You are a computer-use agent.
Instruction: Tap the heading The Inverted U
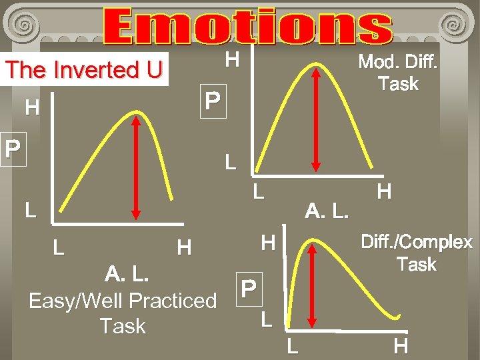coord(83,69)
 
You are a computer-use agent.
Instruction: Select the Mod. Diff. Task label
coord(397,73)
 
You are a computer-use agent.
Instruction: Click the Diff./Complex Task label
coord(416,253)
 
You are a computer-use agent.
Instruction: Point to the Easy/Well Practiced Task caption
coord(123,313)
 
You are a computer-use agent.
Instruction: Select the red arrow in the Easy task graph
coord(137,167)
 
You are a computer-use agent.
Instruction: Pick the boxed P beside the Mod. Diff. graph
coord(213,102)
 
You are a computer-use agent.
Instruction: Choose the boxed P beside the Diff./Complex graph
coord(248,288)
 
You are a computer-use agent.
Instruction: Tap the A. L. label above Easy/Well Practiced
coord(126,274)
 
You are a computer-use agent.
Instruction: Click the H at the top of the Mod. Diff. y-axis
coord(231,60)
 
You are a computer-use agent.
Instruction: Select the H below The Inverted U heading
coord(31,107)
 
